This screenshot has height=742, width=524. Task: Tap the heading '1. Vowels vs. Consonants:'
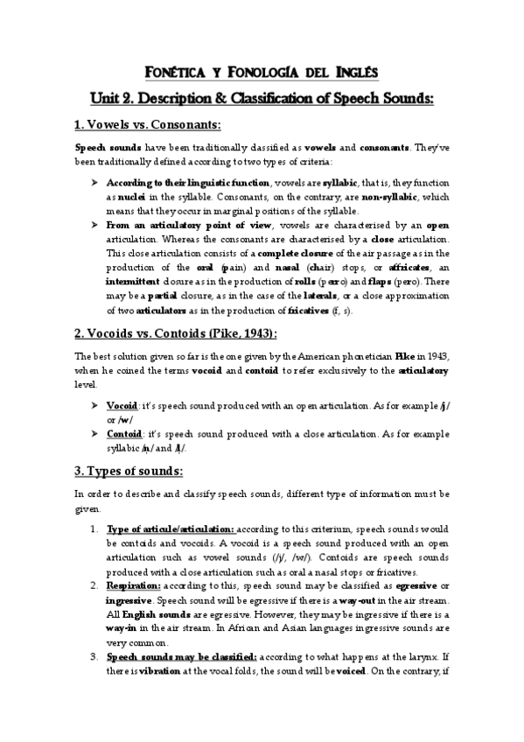tap(147, 125)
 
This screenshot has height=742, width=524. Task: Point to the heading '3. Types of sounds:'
tap(128, 472)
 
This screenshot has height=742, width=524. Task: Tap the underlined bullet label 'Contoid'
tap(125, 434)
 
